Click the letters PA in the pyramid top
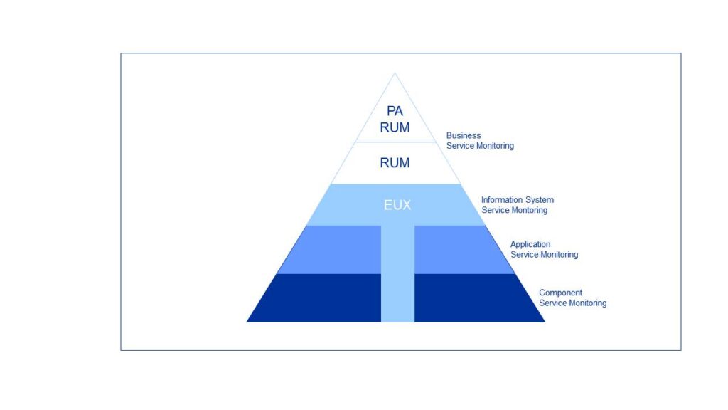coord(395,111)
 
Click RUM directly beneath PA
coord(395,128)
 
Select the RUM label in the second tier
coord(395,163)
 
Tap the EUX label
coord(397,205)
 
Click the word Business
coord(464,135)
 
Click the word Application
coord(530,244)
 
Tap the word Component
coord(560,293)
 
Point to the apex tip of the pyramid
coord(395,73)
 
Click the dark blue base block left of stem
coord(320,298)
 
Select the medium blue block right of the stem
coord(455,249)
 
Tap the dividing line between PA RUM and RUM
coord(395,142)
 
